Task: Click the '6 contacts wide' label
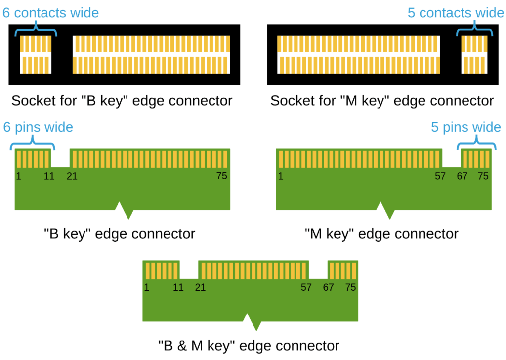51,13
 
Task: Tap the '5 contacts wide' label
455,13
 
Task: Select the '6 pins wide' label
38,127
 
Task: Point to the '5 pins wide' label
465,127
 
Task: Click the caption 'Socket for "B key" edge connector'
122,101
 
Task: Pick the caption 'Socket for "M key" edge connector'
381,101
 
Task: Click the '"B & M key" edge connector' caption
249,345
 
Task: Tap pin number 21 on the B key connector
72,175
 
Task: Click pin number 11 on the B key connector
49,175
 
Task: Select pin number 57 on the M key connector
440,175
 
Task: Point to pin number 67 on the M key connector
462,175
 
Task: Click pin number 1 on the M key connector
281,175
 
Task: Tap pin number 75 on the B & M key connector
350,287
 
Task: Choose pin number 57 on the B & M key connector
306,287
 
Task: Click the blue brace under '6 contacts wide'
36,31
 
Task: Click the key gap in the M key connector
451,158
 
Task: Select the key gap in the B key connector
60,158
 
